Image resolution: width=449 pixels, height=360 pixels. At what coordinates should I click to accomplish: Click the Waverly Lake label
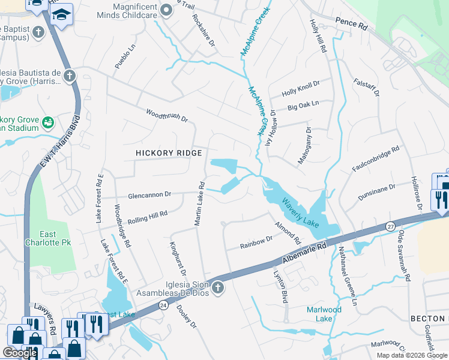pyautogui.click(x=300, y=213)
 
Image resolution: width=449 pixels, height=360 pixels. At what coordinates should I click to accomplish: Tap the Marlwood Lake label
pyautogui.click(x=324, y=314)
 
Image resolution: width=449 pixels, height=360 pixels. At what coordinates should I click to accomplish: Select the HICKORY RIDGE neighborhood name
pyautogui.click(x=169, y=154)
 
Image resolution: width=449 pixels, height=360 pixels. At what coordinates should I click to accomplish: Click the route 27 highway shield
pyautogui.click(x=390, y=226)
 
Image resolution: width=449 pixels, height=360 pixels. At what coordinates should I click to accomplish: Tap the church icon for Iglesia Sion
pyautogui.click(x=217, y=289)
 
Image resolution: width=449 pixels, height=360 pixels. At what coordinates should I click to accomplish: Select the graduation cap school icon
pyautogui.click(x=61, y=15)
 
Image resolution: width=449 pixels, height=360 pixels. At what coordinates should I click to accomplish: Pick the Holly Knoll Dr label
pyautogui.click(x=301, y=89)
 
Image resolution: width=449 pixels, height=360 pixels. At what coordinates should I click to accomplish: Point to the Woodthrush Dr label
pyautogui.click(x=167, y=115)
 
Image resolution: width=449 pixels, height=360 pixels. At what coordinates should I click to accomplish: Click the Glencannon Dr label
pyautogui.click(x=150, y=194)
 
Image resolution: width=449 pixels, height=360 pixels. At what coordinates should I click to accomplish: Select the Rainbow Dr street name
pyautogui.click(x=256, y=242)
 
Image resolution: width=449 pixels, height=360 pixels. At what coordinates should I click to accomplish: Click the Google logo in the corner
pyautogui.click(x=20, y=353)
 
